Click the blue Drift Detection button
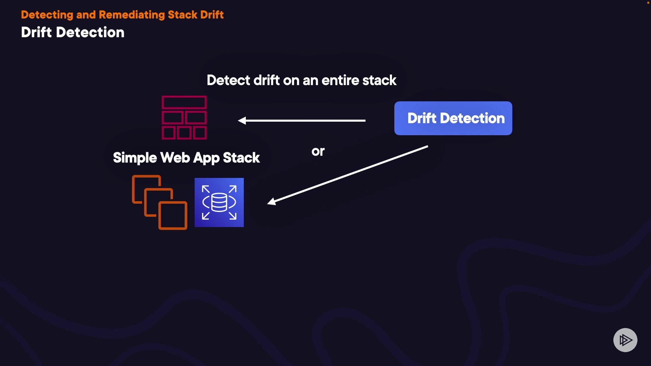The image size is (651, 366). point(453,118)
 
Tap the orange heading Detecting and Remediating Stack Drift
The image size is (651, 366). point(122,15)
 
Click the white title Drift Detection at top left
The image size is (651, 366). point(73,32)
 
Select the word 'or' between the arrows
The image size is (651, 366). point(318,151)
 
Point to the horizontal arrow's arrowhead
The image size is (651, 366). point(242,120)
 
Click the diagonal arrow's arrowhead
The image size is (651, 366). point(272,201)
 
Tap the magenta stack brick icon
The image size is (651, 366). point(184,118)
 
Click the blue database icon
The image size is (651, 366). point(219,202)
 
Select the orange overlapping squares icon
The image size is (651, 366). point(159,202)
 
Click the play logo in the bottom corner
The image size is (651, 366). point(625,340)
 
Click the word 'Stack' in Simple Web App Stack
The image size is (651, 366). point(241,158)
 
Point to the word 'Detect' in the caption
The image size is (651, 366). point(229,80)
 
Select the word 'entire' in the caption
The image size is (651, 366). point(340,80)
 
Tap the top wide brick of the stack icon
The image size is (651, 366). point(184,102)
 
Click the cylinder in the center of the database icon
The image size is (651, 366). point(219,202)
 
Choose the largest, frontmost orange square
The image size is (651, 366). point(173,216)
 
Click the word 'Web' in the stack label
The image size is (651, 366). point(175,158)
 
